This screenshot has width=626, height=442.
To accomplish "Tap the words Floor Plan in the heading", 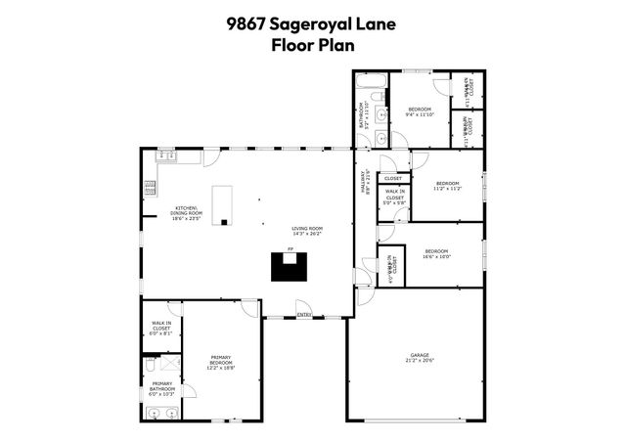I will pos(313,44).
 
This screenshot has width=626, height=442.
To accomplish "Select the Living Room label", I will pos(307,231).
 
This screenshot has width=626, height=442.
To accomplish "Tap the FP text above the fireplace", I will pos(291,249).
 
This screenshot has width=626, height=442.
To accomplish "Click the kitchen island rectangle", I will pos(224,202).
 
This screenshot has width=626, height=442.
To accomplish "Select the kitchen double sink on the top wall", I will pos(165,155).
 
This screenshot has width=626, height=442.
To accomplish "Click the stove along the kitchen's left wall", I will pos(150,187).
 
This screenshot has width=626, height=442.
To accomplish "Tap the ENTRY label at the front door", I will pos(304,314).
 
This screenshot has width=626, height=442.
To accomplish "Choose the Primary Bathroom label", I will pos(162,388).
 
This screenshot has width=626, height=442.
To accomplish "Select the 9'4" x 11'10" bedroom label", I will pos(419,111).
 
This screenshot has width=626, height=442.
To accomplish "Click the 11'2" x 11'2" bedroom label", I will pos(447,186).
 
